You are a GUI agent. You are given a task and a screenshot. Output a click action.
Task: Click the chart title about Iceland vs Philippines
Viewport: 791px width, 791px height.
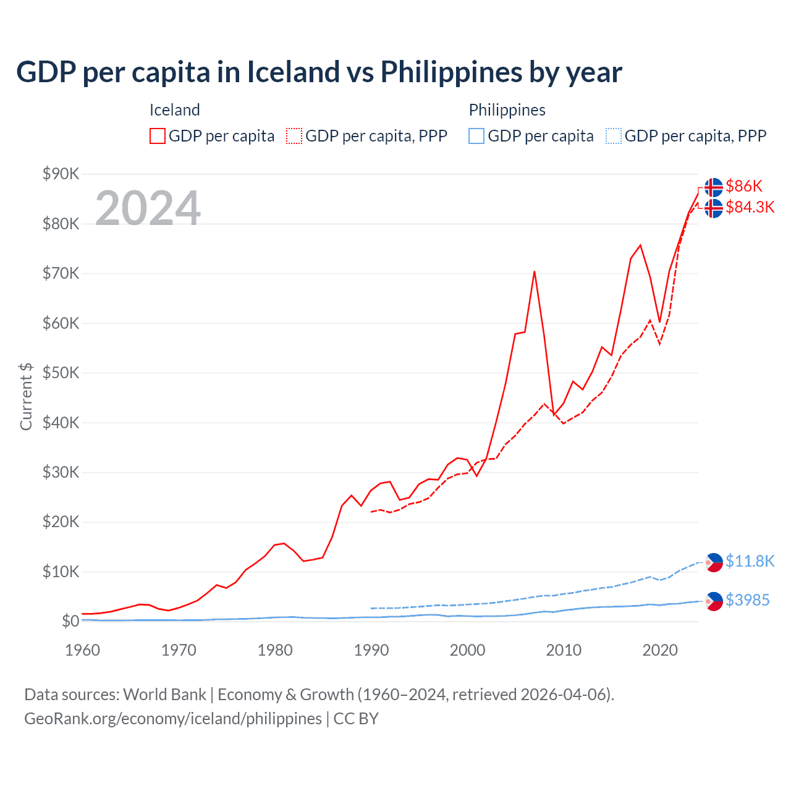click(319, 72)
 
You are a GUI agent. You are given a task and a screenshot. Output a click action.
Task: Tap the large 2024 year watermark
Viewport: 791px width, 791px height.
click(148, 208)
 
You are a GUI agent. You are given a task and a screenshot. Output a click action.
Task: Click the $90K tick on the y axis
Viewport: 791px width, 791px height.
click(61, 174)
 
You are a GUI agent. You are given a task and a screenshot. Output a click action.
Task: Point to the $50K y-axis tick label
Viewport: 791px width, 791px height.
click(61, 373)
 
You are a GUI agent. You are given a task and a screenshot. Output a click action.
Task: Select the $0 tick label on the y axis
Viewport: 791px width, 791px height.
click(70, 621)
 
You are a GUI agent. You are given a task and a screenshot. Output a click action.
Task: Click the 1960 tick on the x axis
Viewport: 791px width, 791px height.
click(82, 650)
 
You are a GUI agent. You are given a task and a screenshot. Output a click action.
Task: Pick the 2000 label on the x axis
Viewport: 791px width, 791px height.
click(467, 650)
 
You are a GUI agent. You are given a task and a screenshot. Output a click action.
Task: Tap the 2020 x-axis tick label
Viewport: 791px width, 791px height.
click(660, 650)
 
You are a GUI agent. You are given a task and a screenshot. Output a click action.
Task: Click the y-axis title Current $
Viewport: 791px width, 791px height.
click(26, 396)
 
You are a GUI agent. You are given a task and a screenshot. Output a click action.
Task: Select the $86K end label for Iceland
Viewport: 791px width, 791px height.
click(744, 186)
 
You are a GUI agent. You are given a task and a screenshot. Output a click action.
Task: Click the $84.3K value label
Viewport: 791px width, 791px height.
click(750, 207)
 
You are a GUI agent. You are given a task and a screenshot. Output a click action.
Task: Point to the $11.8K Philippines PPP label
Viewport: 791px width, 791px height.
click(750, 561)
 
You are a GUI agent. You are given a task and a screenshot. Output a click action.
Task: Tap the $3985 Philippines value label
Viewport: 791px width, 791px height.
click(747, 600)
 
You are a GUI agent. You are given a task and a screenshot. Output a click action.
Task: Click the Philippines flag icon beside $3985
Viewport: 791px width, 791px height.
click(714, 601)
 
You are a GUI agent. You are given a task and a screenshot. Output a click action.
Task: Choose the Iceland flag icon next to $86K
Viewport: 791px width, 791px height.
click(714, 187)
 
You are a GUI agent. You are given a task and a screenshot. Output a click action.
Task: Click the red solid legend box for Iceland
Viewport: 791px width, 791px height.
click(158, 136)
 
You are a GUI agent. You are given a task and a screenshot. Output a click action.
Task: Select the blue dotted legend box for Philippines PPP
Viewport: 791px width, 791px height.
click(614, 136)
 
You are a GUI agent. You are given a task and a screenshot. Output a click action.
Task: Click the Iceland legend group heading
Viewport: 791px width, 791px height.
click(175, 110)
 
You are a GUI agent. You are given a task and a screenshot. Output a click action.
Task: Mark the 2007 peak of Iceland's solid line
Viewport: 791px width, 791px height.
click(534, 271)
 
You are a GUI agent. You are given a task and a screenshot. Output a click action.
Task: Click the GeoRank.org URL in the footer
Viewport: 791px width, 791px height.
click(173, 719)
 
